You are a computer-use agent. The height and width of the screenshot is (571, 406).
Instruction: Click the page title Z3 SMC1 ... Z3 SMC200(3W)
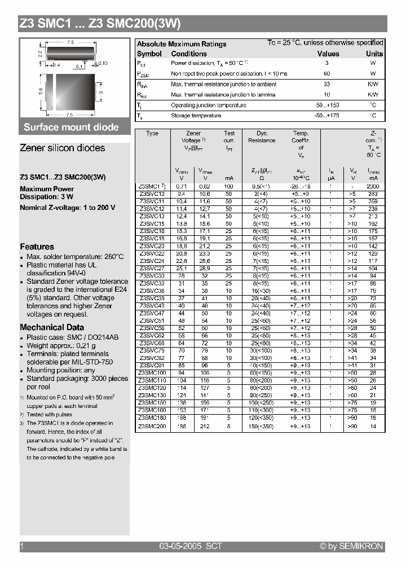[x=100, y=23]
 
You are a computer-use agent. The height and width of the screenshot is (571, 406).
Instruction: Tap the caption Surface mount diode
[x=71, y=127]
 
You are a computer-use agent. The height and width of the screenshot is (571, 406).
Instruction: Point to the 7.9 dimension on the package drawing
[x=71, y=42]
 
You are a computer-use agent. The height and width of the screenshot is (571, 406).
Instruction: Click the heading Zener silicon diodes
[x=62, y=148]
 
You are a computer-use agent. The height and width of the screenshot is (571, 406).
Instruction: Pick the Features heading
[x=37, y=247]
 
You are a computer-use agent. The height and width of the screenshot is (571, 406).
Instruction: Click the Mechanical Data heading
[x=52, y=327]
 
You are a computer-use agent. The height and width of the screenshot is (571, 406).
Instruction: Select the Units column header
[x=374, y=54]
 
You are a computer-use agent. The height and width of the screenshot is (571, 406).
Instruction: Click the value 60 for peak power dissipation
[x=326, y=74]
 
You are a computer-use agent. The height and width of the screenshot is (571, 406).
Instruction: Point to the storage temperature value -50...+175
[x=326, y=116]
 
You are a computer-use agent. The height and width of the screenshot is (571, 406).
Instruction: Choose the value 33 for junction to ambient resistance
[x=326, y=84]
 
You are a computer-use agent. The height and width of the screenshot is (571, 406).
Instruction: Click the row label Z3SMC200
[x=152, y=427]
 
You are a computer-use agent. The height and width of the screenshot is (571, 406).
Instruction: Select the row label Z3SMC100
[x=152, y=373]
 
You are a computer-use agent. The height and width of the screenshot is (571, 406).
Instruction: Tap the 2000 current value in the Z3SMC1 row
[x=373, y=186]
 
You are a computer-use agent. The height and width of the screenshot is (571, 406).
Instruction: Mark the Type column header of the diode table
[x=152, y=134]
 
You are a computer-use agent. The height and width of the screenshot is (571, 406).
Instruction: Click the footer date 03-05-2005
[x=178, y=546]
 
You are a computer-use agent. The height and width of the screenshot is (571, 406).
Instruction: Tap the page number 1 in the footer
[x=21, y=546]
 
